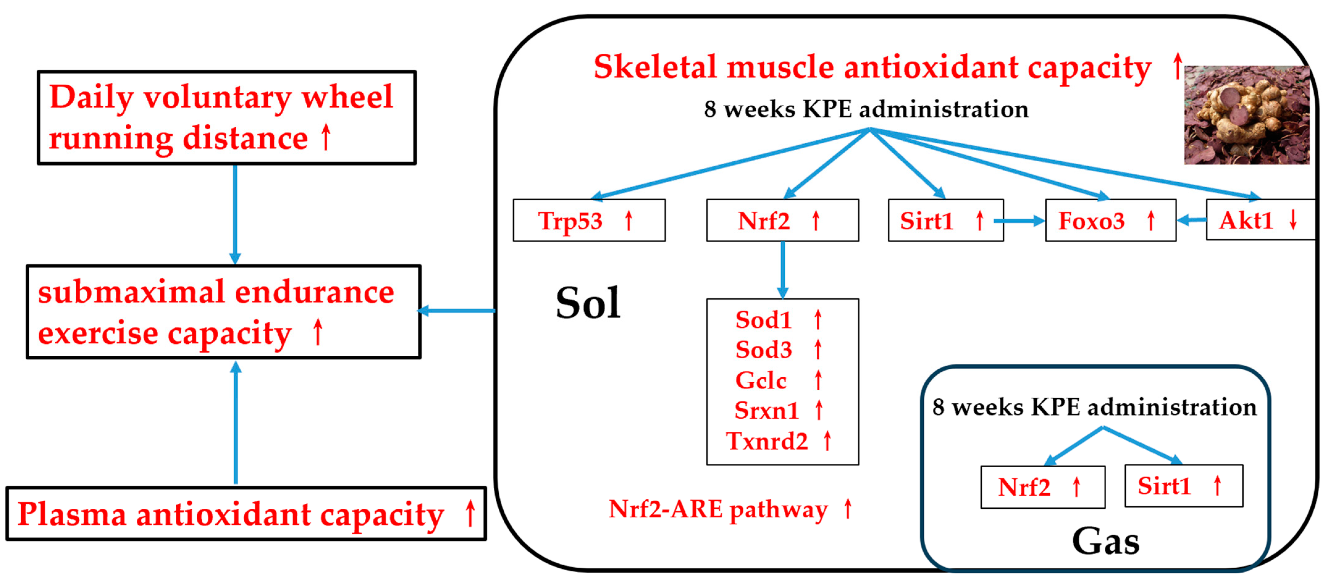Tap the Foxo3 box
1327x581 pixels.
pyautogui.click(x=1110, y=221)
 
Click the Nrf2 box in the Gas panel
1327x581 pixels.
pyautogui.click(x=1042, y=487)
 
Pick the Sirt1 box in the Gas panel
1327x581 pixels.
pyautogui.click(x=1183, y=486)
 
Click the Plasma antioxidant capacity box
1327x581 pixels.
pyautogui.click(x=246, y=513)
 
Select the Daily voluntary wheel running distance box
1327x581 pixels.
pyautogui.click(x=227, y=117)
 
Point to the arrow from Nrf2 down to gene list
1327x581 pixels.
pyautogui.click(x=783, y=269)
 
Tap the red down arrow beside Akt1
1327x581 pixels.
pyautogui.click(x=1293, y=220)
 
